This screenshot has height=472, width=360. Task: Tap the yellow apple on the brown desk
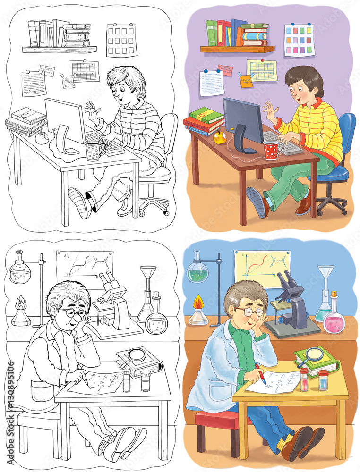tap(219, 137)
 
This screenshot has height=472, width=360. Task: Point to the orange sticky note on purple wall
tap(246, 81)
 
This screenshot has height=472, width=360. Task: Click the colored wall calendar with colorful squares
tap(299, 40)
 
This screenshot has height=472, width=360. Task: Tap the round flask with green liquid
tap(197, 272)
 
